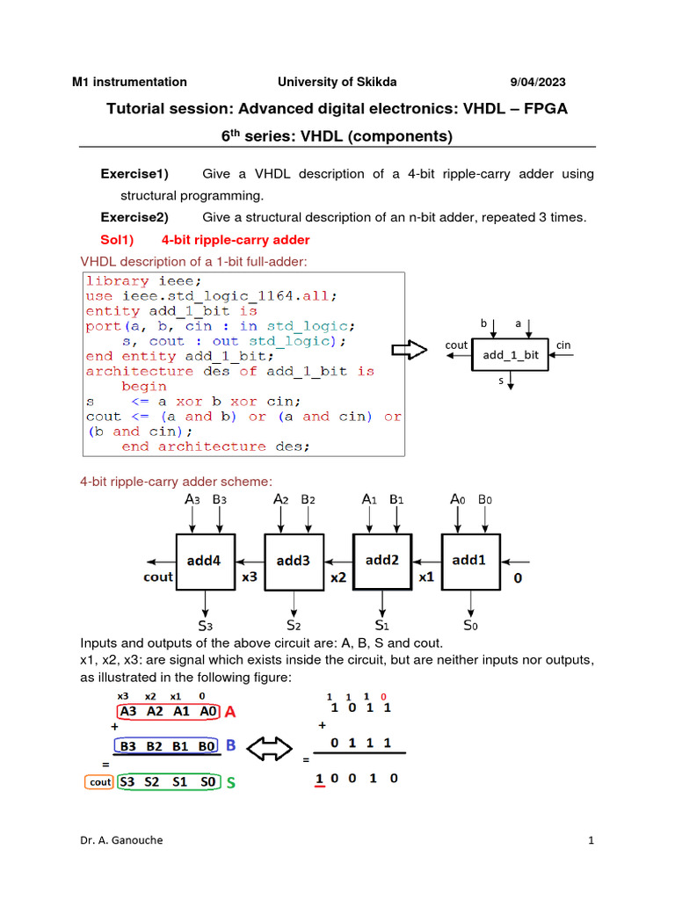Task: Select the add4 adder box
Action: coord(205,560)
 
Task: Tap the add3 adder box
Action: coord(294,560)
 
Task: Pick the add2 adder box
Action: coord(382,560)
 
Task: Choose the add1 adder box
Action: coord(470,560)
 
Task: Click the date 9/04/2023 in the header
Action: coord(538,82)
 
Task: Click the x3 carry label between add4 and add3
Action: coord(249,577)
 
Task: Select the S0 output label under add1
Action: coord(471,626)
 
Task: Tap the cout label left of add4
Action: coord(158,577)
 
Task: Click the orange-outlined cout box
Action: coord(100,781)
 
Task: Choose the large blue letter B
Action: coord(232,745)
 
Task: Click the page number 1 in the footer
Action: coord(592,840)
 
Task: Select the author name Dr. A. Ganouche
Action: coord(120,840)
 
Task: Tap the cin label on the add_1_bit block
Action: coord(563,345)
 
